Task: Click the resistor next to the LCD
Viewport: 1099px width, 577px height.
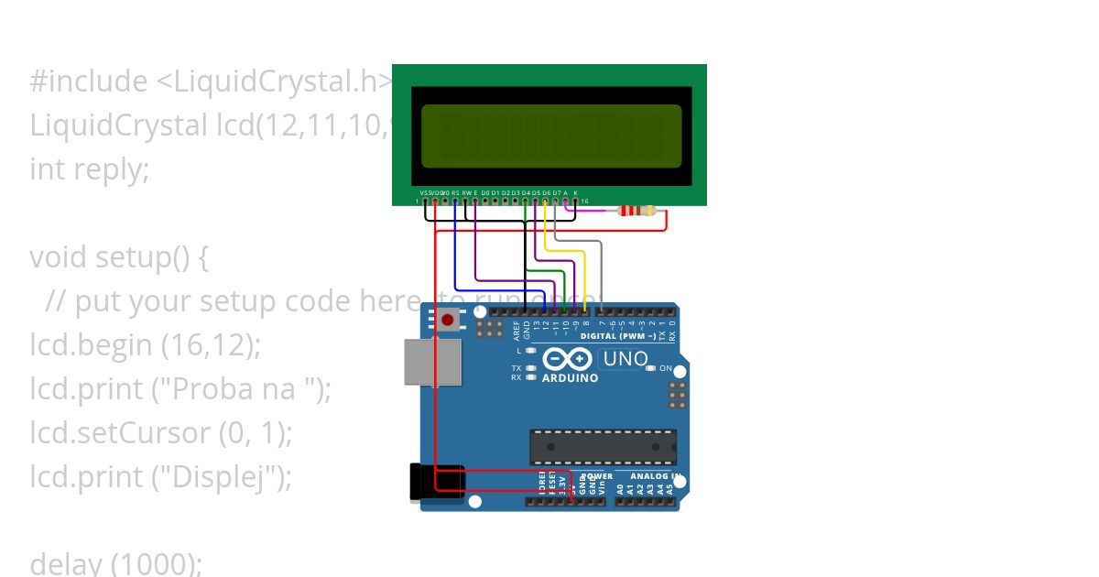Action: [x=637, y=211]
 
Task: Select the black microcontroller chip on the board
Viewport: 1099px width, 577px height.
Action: [x=603, y=446]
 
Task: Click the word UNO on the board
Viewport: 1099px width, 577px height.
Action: [x=626, y=359]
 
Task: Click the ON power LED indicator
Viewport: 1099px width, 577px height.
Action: [x=651, y=368]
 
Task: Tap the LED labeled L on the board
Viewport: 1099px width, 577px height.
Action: [x=530, y=351]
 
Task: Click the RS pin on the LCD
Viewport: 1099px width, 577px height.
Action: [x=455, y=201]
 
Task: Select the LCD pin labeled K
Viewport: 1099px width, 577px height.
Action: [x=575, y=201]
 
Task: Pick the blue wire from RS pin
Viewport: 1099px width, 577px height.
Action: [x=455, y=256]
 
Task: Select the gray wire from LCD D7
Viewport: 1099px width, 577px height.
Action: [x=600, y=266]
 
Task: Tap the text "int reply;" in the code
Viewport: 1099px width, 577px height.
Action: [x=89, y=169]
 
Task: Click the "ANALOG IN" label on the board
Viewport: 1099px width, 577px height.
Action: [x=653, y=476]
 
